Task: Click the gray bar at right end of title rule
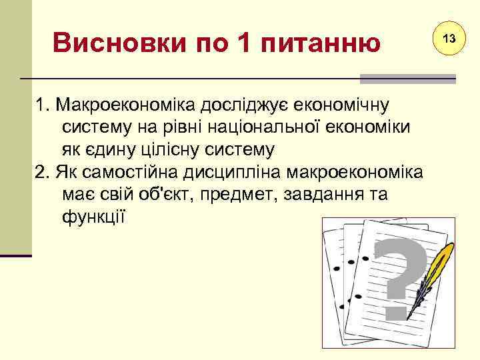pyautogui.click(x=407, y=79)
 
